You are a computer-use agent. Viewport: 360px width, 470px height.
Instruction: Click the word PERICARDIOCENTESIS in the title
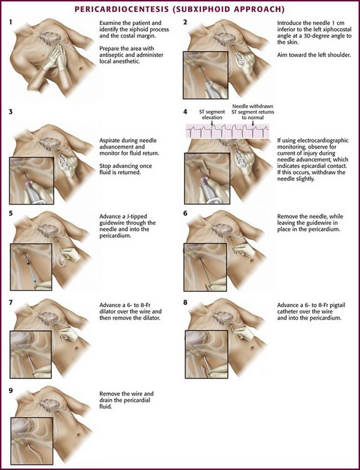[121, 9]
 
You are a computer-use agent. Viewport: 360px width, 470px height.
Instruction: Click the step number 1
[11, 22]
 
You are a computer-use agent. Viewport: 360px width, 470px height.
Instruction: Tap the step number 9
[11, 390]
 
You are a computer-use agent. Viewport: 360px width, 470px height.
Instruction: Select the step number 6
[185, 213]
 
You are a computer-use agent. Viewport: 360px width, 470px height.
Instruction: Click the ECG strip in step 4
[227, 131]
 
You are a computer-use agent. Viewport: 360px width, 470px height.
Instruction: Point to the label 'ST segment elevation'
[212, 115]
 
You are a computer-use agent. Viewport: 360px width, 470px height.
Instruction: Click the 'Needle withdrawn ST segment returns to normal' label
[253, 112]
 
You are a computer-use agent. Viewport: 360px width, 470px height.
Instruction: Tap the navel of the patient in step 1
[81, 70]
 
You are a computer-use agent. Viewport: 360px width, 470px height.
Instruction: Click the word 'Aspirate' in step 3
[110, 140]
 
